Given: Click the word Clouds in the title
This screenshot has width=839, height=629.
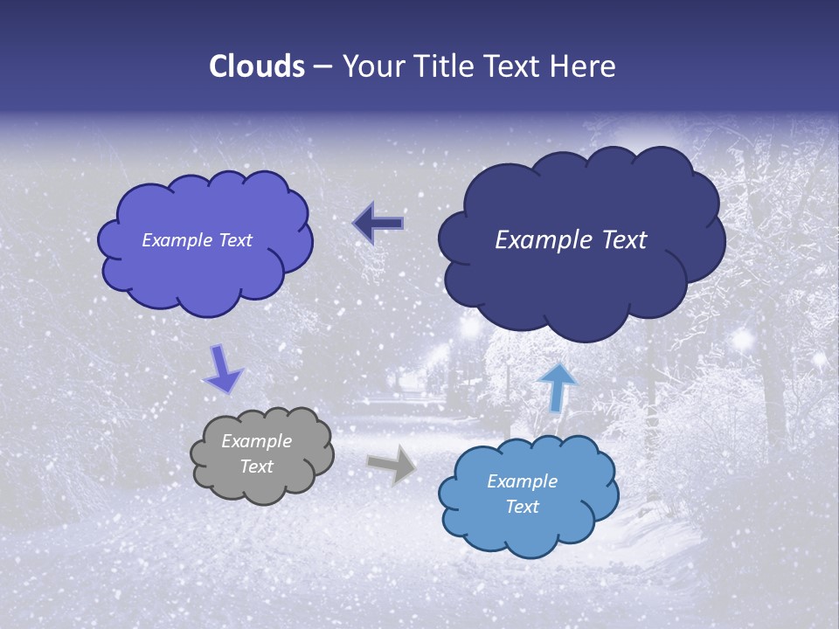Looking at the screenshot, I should (x=256, y=66).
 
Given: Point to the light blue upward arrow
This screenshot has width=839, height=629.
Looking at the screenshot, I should (x=558, y=387).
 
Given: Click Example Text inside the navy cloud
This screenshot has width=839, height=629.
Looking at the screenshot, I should (x=571, y=240).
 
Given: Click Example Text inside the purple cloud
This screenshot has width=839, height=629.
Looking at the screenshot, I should (x=197, y=240).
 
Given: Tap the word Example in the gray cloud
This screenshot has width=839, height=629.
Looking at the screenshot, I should (x=256, y=441).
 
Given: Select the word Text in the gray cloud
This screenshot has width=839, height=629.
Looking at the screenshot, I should (x=256, y=467).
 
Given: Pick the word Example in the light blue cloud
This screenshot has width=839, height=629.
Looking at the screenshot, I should (x=522, y=481).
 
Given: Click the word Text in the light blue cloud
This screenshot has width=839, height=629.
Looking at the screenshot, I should (x=522, y=507).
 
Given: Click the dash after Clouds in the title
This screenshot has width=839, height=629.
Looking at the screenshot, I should (x=322, y=67).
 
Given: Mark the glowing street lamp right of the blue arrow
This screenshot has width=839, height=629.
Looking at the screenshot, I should (x=744, y=338).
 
